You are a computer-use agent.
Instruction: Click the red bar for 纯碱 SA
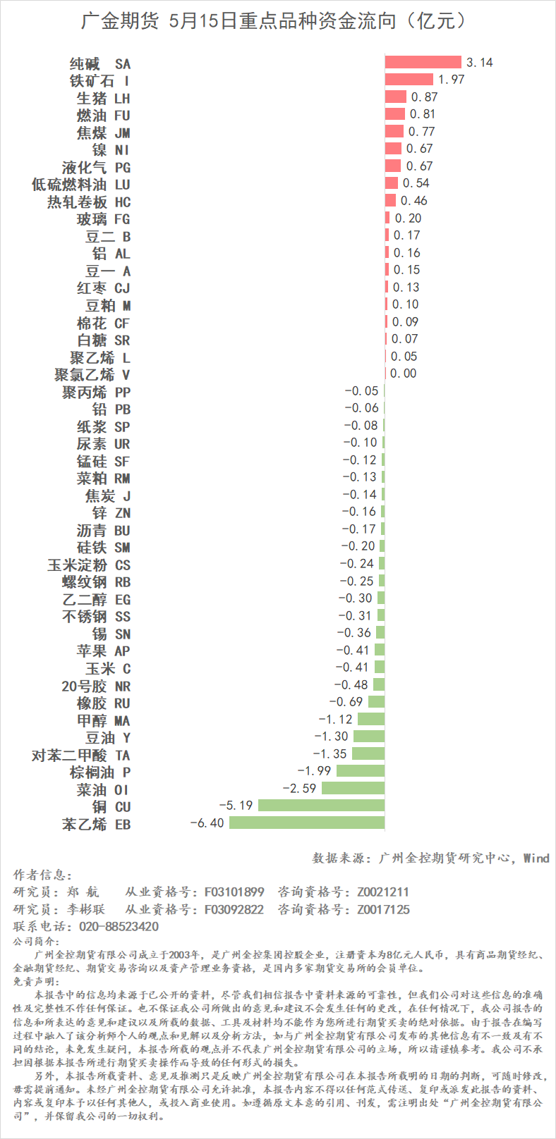coord(423,62)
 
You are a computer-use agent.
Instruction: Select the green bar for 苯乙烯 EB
coord(307,823)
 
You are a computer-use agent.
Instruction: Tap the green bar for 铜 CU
coord(321,806)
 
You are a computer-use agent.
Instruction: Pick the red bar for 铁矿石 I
coord(409,79)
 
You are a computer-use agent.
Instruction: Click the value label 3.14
coord(480,63)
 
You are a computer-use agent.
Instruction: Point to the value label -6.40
coord(207,823)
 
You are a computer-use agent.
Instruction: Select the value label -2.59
coord(299,789)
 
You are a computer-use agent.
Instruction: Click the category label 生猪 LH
coord(103,98)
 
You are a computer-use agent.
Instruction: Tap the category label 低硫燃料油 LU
coord(80,185)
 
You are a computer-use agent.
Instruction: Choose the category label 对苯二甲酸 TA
coord(80,756)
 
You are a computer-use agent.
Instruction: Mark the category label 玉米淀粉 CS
coord(88,565)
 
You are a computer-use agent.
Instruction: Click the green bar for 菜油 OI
coord(353,788)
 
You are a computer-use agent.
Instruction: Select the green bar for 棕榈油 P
coord(361,771)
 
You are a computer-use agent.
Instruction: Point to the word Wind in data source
coord(536,858)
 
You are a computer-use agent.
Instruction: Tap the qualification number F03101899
coord(234,892)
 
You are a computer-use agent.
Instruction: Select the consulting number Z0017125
coord(383,909)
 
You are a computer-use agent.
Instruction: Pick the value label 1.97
coord(452,80)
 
